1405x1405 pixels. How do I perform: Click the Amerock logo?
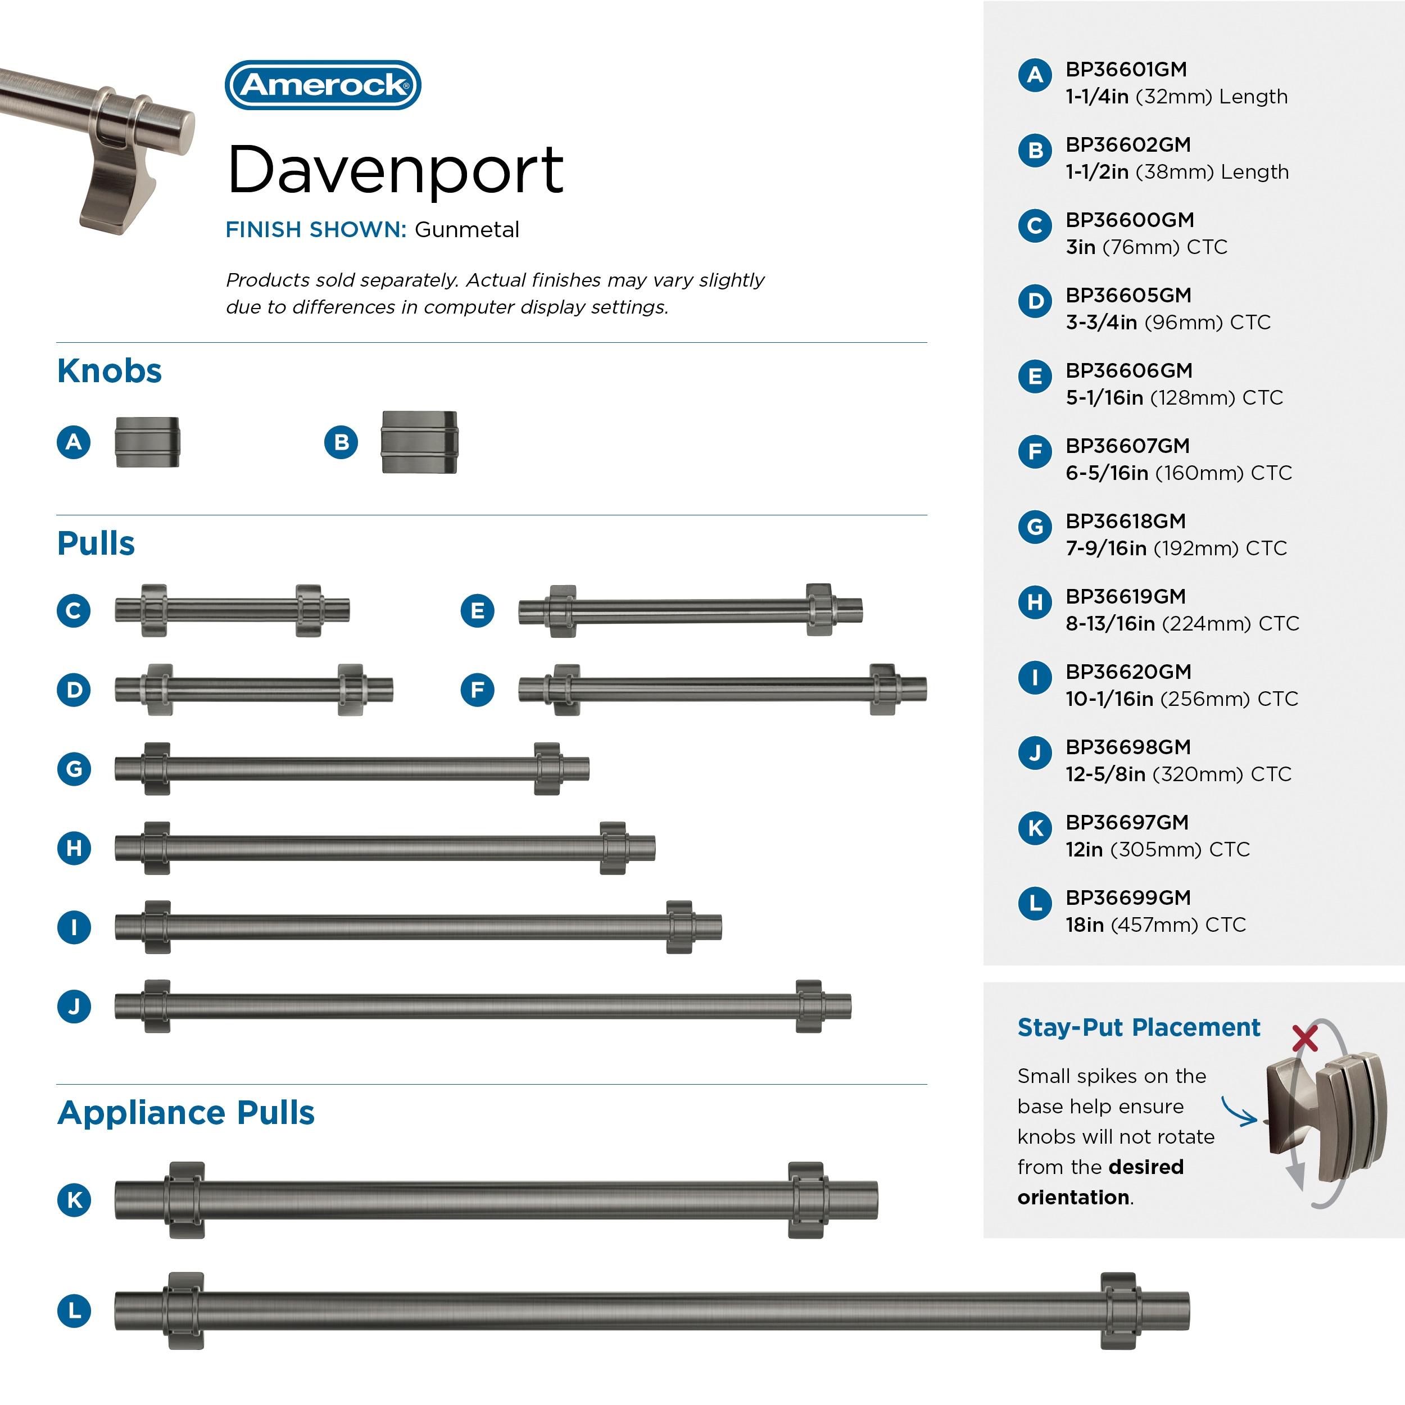323,85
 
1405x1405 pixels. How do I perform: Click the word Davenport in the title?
395,170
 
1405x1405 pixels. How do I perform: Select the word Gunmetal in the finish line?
467,230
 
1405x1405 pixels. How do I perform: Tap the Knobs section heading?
109,371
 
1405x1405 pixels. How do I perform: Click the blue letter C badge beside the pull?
74,610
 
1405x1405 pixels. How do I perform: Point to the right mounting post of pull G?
547,769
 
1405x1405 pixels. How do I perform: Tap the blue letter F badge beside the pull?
477,690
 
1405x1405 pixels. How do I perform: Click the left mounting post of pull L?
185,1311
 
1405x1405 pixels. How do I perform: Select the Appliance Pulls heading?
185,1113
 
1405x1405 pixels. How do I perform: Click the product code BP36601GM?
1126,70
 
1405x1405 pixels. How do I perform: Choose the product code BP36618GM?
1125,522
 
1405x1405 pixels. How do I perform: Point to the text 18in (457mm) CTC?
1155,925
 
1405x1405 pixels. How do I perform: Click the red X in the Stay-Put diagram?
1304,1039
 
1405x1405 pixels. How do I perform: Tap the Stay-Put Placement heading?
1138,1027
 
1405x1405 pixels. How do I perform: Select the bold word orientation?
1073,1198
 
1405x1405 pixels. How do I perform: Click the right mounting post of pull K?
806,1200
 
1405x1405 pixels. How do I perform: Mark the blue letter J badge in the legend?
1035,753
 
